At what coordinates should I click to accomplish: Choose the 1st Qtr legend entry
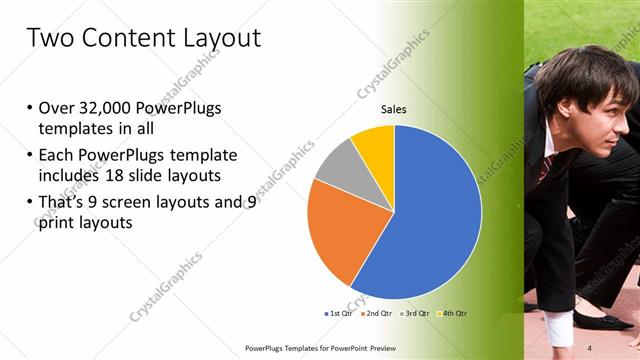tap(338, 313)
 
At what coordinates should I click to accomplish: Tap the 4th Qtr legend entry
tap(452, 313)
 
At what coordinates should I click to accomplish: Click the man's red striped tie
tap(543, 167)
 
